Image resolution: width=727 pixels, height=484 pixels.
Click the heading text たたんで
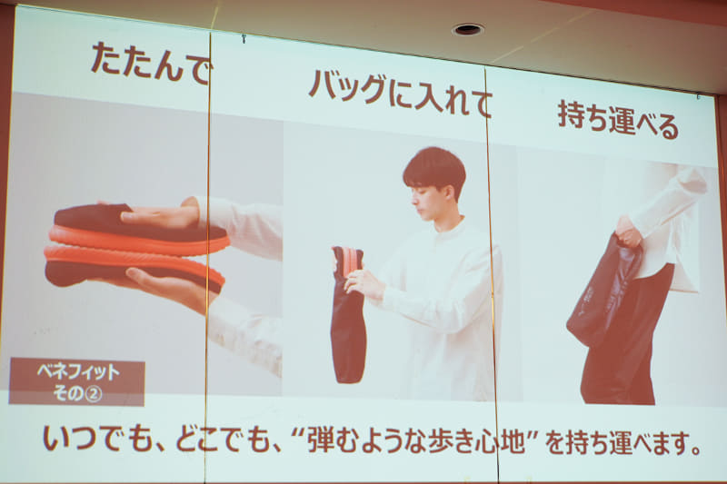(x=150, y=64)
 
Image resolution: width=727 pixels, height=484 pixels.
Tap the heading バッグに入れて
(x=400, y=93)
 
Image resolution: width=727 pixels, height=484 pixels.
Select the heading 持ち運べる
(x=618, y=120)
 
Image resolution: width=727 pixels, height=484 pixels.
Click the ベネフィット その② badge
(x=77, y=382)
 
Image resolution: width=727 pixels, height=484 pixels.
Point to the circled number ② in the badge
(x=94, y=394)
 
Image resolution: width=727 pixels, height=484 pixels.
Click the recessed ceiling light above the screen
(x=468, y=30)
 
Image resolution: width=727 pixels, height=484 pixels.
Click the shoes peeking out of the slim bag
(x=348, y=261)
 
